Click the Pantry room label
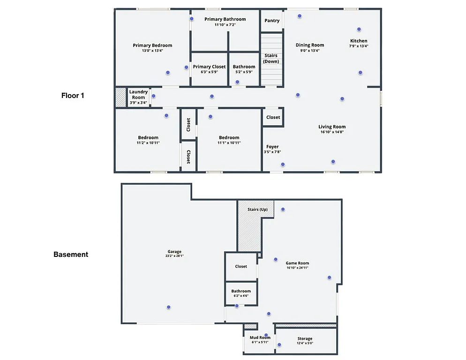(272, 21)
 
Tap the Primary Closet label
(209, 67)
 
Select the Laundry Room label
(138, 95)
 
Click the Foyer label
(272, 147)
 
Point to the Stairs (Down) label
(271, 59)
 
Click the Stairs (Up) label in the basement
(257, 209)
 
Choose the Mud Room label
(260, 337)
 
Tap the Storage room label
(305, 338)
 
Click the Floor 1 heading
(73, 96)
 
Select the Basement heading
(71, 255)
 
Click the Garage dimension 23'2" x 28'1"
(174, 256)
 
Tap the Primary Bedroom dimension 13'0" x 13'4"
(152, 51)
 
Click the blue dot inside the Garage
(169, 307)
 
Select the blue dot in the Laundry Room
(153, 96)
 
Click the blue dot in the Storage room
(279, 345)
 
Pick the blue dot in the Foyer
(283, 164)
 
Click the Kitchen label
(359, 41)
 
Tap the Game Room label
(298, 263)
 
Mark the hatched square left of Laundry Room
(120, 97)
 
